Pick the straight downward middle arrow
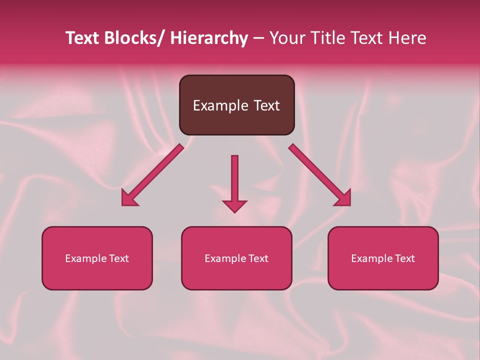click(234, 180)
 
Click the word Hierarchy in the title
click(209, 38)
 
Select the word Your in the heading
click(288, 38)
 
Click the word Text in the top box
click(265, 105)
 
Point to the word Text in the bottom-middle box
click(257, 258)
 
